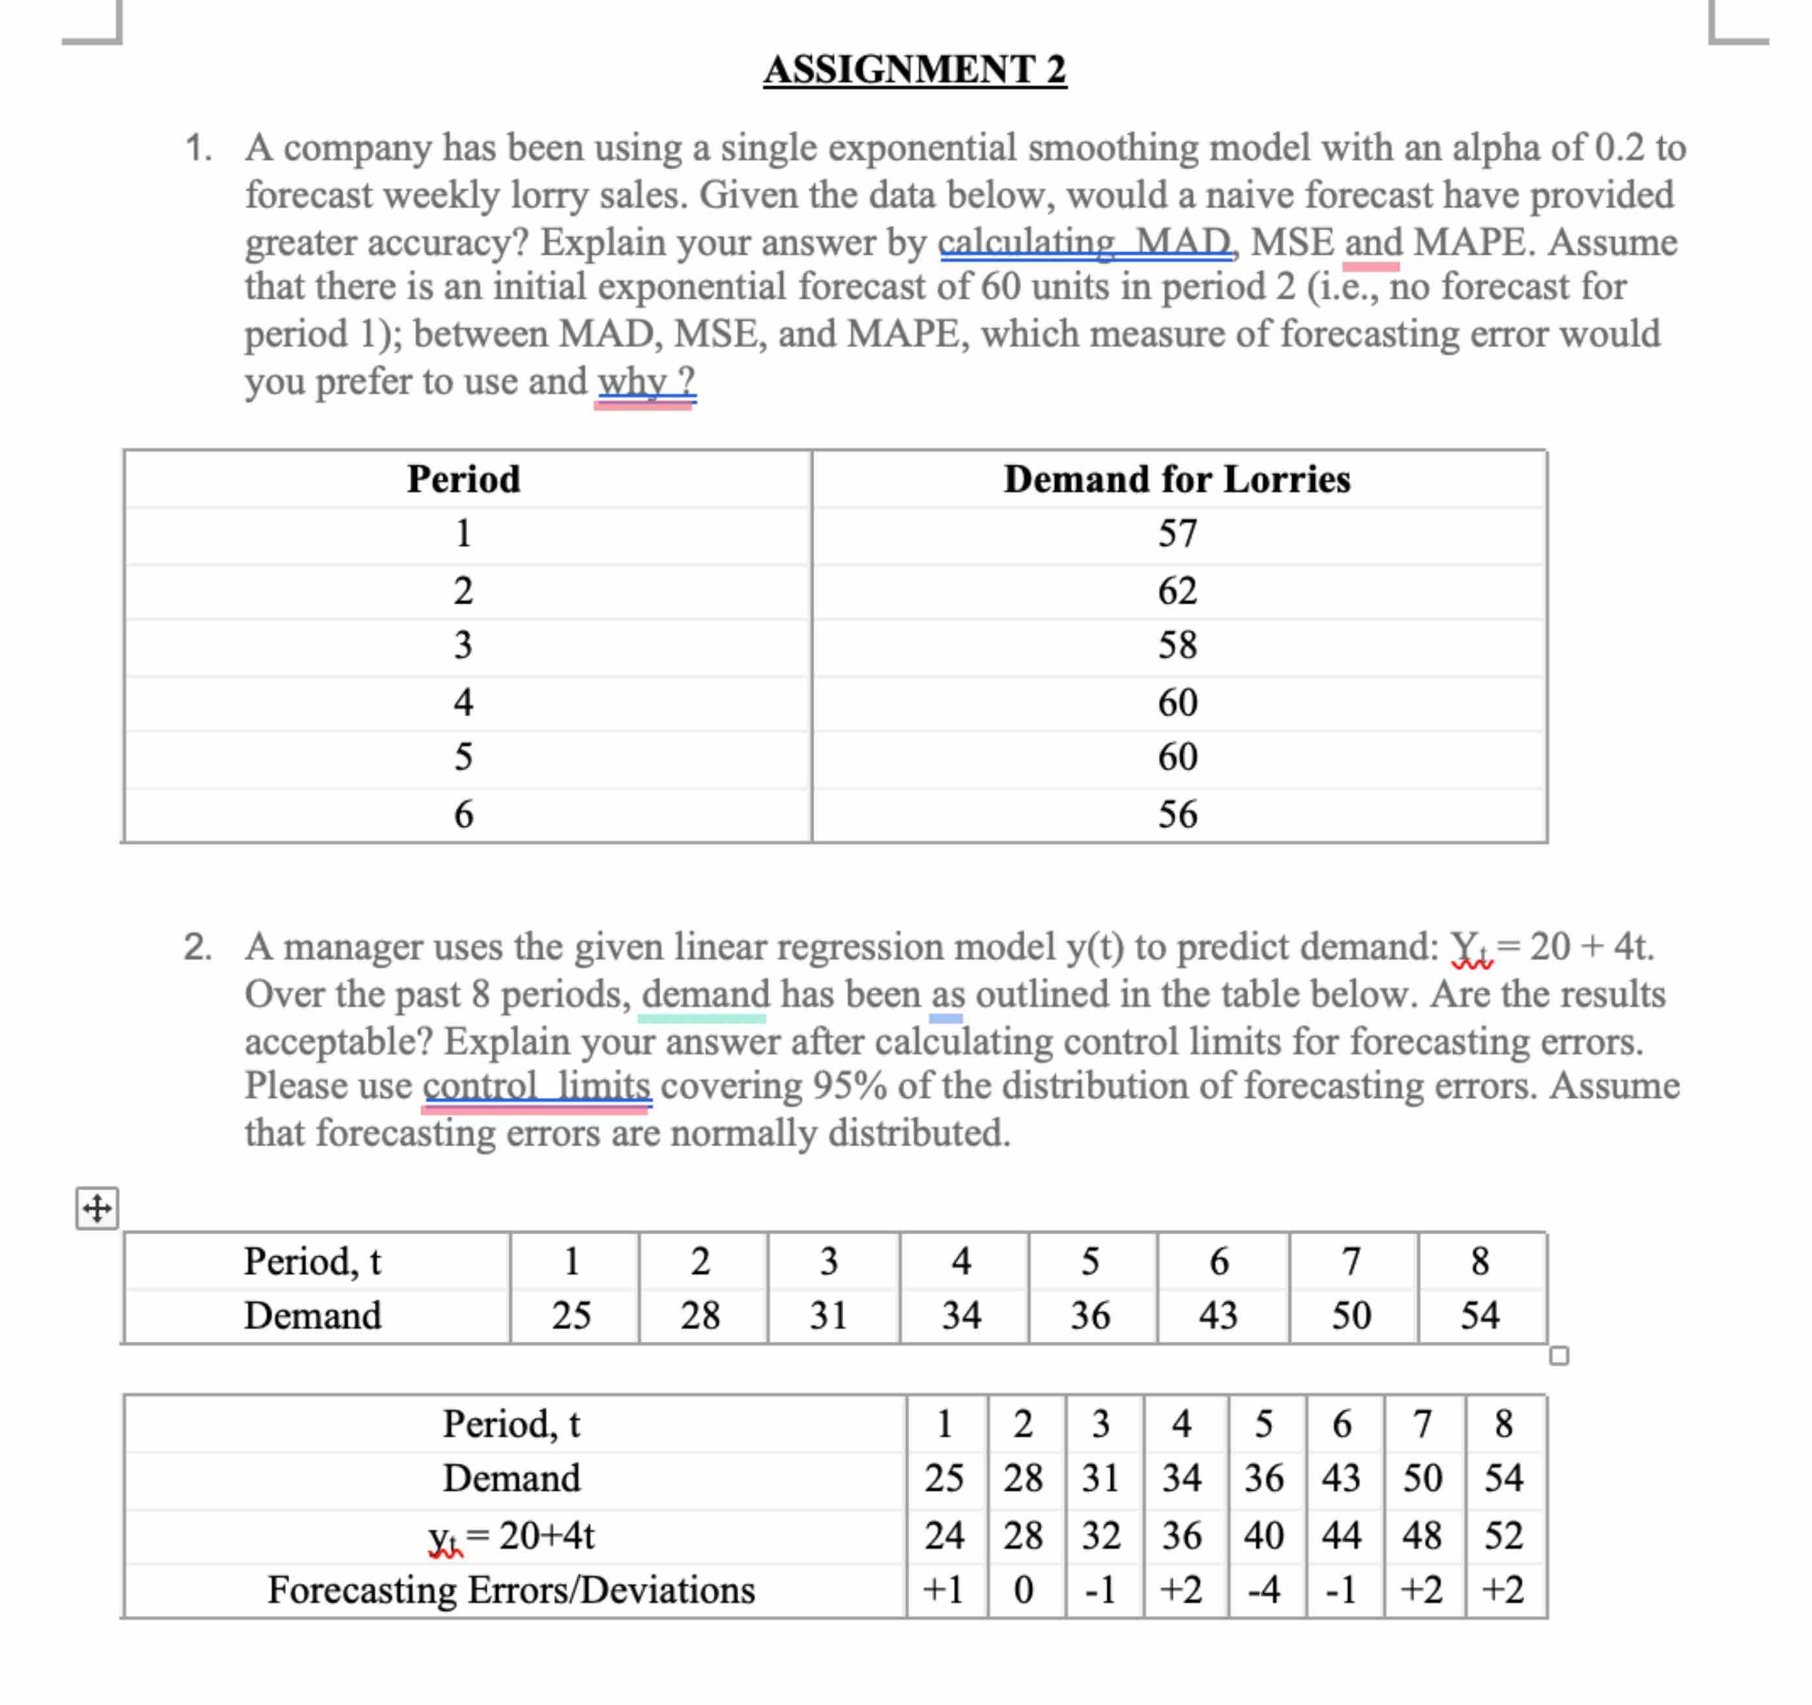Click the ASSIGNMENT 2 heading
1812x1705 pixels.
click(x=914, y=69)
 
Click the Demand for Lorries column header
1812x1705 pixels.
click(x=1177, y=479)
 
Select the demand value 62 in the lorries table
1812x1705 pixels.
click(x=1177, y=591)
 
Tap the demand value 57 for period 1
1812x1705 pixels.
click(x=1177, y=533)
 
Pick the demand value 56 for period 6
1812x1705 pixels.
click(x=1177, y=814)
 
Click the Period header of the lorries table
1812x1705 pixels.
click(x=463, y=479)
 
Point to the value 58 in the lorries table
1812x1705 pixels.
click(x=1177, y=645)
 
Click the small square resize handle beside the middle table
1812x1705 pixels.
click(x=1559, y=1356)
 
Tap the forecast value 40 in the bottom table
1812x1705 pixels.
click(x=1263, y=1536)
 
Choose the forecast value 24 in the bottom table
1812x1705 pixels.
click(x=943, y=1536)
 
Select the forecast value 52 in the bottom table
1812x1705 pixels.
click(x=1503, y=1536)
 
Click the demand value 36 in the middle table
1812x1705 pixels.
click(x=1090, y=1315)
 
